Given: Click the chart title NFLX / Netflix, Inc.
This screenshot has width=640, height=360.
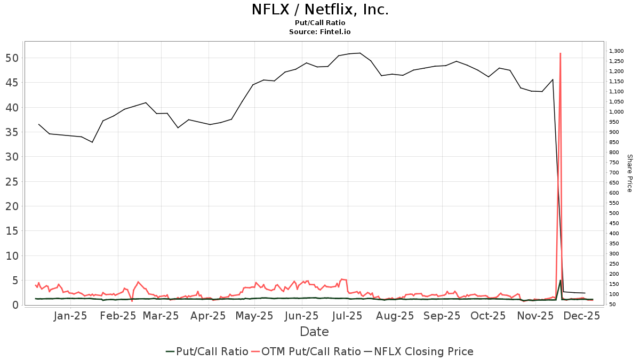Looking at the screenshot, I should coord(319,10).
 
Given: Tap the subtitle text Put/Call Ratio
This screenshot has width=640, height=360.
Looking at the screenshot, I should coord(319,23).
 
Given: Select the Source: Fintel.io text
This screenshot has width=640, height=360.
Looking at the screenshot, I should coord(319,32).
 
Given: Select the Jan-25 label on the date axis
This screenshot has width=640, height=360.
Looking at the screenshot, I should coord(71,316).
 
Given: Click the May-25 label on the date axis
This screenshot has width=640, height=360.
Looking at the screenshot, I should coord(255,316).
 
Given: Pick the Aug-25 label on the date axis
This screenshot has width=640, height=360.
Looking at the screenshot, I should coord(395,316).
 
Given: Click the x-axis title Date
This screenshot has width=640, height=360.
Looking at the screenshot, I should coord(314,332).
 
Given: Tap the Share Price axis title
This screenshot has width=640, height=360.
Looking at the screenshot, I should coord(629,173).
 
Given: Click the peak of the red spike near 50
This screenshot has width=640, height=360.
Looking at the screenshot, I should coord(560,53).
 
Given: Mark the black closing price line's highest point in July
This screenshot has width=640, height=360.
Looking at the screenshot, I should coord(360,53).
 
